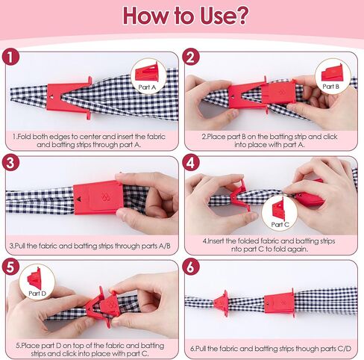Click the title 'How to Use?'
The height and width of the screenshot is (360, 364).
[182, 16]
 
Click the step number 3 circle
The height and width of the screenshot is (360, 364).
[11, 164]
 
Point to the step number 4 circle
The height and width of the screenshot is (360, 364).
[191, 164]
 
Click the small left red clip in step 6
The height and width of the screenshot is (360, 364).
[222, 303]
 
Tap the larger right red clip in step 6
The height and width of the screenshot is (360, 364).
[279, 303]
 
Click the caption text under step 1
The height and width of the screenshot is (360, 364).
[92, 141]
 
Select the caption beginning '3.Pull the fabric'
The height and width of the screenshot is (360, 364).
[92, 246]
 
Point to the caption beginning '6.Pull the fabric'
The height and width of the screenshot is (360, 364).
[272, 349]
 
